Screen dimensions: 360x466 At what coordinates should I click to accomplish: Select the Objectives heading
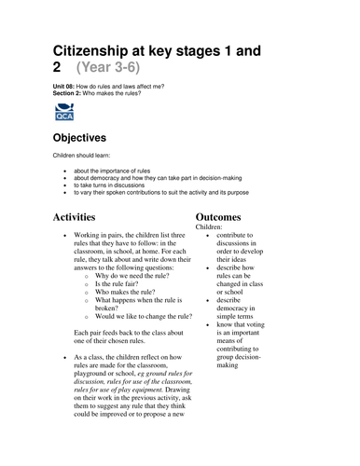coord(90,139)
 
